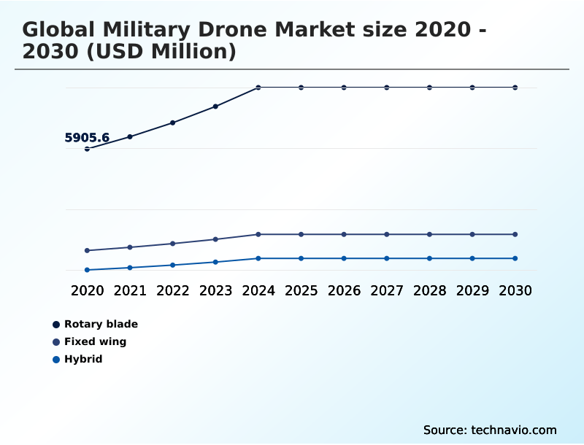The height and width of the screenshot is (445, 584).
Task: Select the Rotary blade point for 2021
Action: point(130,136)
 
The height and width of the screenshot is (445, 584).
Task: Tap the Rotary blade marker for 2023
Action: point(215,107)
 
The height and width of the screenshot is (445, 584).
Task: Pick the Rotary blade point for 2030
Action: point(515,88)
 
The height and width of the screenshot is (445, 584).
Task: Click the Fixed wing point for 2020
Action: point(87,250)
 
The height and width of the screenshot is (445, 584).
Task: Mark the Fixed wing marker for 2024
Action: point(258,234)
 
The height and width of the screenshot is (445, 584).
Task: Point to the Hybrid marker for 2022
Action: point(173,265)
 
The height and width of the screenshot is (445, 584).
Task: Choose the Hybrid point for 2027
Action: point(387,258)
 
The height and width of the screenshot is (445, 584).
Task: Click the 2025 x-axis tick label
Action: point(301,290)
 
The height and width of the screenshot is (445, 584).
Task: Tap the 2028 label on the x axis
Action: point(429,290)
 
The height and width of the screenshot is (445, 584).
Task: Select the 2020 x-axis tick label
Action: point(87,290)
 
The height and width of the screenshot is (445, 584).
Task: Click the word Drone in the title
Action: point(228,30)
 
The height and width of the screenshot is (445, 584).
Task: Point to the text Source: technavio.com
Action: point(490,430)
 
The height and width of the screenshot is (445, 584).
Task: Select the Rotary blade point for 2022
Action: point(173,123)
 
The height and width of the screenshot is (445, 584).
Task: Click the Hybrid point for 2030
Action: point(515,258)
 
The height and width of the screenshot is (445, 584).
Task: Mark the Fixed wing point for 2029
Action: point(472,234)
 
